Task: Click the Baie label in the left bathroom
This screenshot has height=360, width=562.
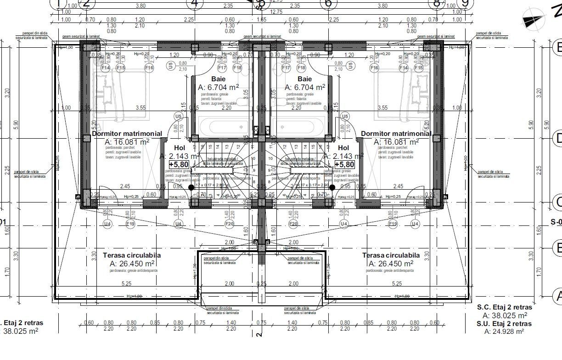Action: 219,79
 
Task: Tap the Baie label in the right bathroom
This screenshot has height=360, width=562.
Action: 304,79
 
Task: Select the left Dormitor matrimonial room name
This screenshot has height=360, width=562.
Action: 127,134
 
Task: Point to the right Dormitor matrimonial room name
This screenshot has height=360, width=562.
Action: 396,134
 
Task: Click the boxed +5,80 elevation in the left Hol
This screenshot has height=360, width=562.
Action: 178,164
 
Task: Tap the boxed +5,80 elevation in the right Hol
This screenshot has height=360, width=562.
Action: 344,164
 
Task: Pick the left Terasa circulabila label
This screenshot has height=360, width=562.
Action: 132,255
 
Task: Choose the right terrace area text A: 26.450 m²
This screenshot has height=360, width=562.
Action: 391,264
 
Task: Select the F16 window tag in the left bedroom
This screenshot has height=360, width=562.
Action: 149,68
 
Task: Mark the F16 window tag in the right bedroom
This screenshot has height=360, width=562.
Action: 374,68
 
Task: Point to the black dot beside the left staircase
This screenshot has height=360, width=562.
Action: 191,187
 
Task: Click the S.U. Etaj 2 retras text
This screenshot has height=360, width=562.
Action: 504,324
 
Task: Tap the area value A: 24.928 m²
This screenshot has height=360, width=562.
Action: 504,332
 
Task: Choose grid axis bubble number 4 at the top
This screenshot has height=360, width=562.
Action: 195,4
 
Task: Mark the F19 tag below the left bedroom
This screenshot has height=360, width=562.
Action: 130,224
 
